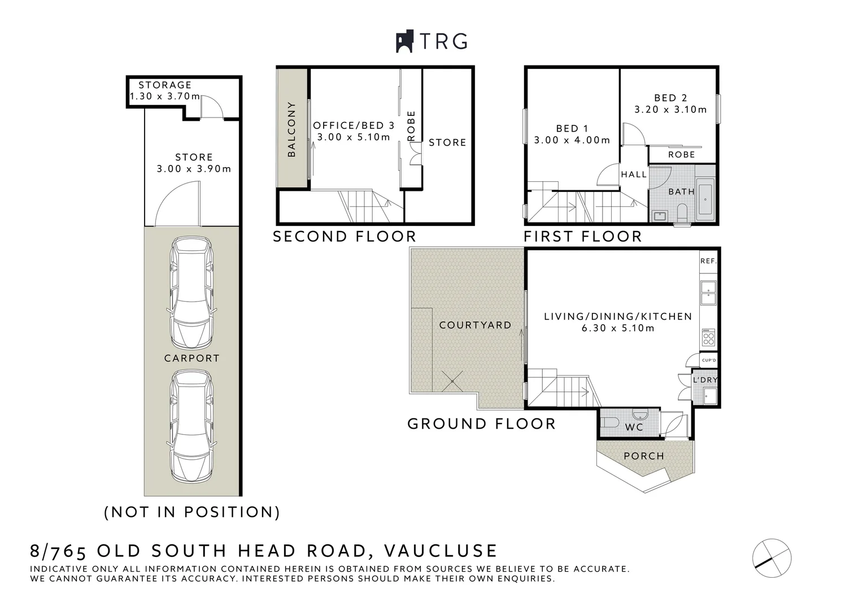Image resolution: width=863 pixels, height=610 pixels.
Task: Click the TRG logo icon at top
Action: click(x=404, y=41)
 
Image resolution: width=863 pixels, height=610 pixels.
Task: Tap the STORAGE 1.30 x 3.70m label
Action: click(x=164, y=90)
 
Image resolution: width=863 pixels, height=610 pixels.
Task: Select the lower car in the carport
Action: click(x=192, y=426)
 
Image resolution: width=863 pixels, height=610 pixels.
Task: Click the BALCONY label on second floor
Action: click(x=291, y=129)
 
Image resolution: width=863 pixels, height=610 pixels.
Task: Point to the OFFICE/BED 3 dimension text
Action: click(x=354, y=137)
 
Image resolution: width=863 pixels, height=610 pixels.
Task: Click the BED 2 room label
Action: click(x=670, y=98)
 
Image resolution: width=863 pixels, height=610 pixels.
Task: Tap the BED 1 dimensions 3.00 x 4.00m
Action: click(x=572, y=140)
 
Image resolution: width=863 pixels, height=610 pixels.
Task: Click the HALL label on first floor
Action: click(x=634, y=175)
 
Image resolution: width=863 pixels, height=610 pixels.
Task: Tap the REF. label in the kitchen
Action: click(x=708, y=261)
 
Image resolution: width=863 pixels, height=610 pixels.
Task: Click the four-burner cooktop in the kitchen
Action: click(x=708, y=338)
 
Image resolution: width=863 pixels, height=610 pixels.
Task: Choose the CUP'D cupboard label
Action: click(x=708, y=360)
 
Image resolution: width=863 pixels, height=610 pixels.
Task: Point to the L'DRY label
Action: click(x=705, y=380)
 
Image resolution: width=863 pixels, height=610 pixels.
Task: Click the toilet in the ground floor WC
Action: click(x=611, y=422)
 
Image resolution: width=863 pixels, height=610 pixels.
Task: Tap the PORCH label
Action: click(x=644, y=456)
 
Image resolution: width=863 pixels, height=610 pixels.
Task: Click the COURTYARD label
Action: click(x=475, y=325)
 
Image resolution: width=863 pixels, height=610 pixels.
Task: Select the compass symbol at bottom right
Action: click(x=772, y=558)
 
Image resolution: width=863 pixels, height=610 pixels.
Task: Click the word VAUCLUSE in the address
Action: click(x=441, y=550)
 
